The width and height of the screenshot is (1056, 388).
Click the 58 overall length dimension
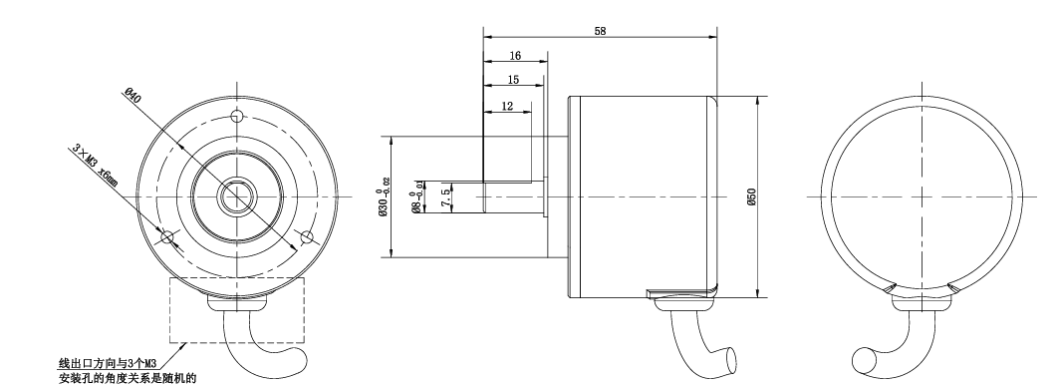(600, 31)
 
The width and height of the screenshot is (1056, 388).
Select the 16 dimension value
(515, 56)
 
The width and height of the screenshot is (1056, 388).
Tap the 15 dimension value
(513, 80)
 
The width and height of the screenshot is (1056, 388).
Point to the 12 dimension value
(507, 106)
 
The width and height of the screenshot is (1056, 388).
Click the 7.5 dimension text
(444, 197)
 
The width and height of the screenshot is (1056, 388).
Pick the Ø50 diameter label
(752, 196)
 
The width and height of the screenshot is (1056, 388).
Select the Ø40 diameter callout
(132, 95)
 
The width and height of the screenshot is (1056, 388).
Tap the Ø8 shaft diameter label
(417, 197)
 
